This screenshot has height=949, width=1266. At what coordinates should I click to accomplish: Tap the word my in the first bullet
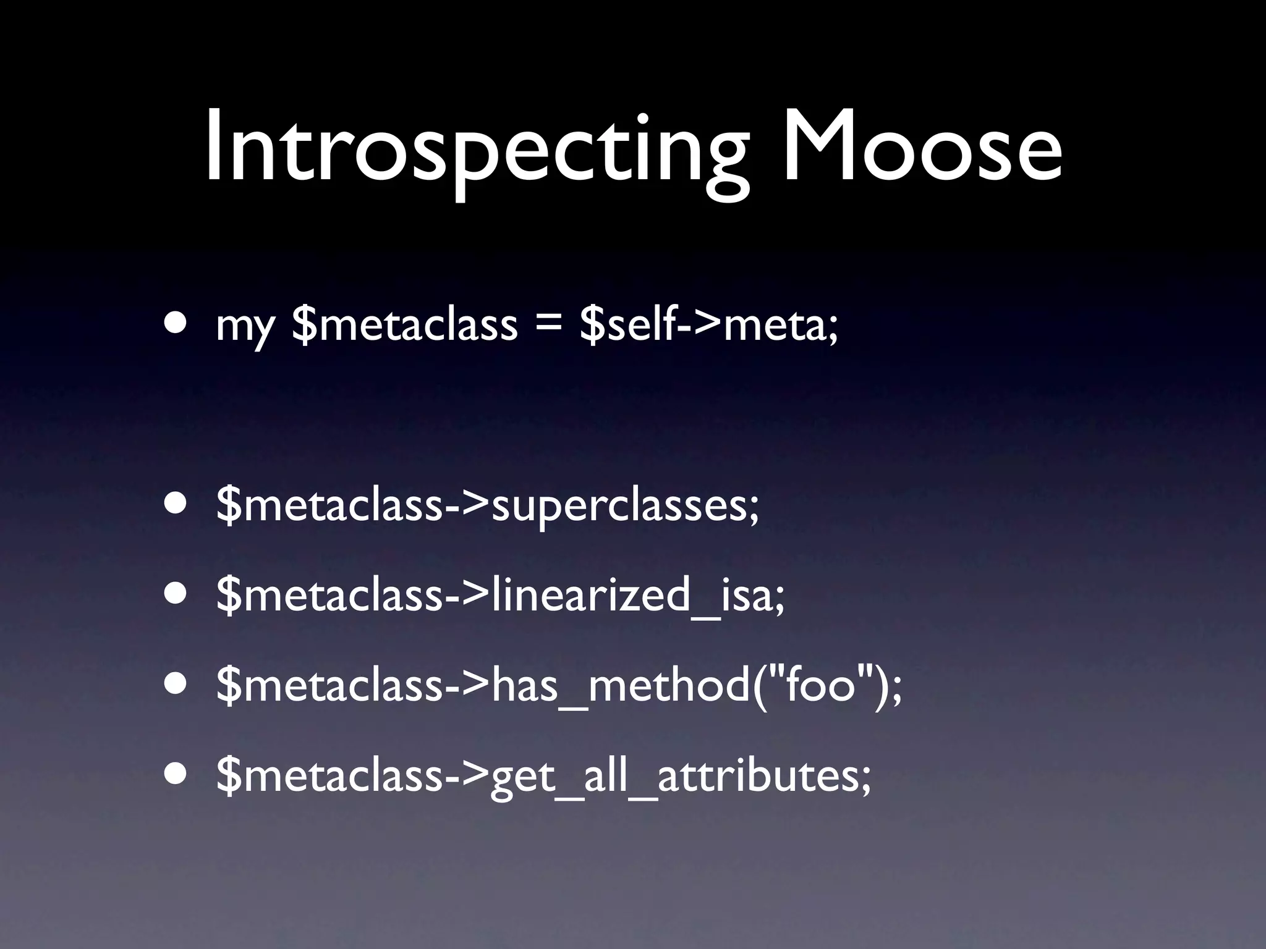(x=245, y=327)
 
